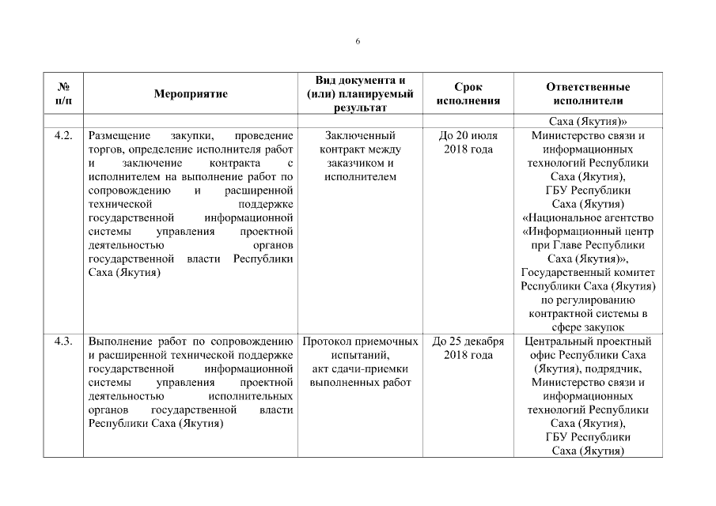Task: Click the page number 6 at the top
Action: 358,41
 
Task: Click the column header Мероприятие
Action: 191,94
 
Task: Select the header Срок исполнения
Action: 468,94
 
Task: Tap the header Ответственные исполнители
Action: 588,94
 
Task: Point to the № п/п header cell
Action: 64,94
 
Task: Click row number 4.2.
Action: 64,135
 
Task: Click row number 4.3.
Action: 64,342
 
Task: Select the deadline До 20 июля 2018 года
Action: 468,142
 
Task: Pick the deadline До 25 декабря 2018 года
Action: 468,349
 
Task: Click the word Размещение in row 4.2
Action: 119,135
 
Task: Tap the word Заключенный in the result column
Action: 360,135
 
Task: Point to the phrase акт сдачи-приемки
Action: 360,369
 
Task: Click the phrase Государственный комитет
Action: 588,273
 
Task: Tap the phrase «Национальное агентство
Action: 588,218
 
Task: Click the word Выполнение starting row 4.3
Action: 119,342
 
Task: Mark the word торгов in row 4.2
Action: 105,149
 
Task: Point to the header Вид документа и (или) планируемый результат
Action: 360,94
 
